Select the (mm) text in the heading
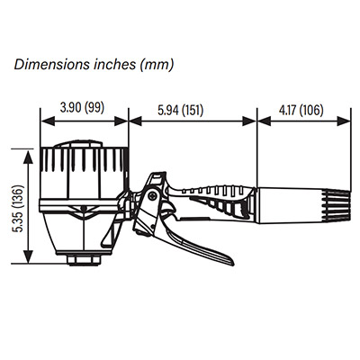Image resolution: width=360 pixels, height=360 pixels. [157, 65]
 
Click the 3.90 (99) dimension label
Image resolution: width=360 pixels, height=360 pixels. [82, 107]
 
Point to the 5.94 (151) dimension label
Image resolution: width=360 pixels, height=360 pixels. [181, 110]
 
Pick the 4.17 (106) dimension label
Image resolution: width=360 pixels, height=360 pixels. [301, 110]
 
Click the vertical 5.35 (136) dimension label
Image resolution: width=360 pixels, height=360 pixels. [19, 209]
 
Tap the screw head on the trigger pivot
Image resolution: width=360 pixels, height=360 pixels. [153, 195]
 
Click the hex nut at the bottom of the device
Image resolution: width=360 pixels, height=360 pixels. [84, 259]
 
